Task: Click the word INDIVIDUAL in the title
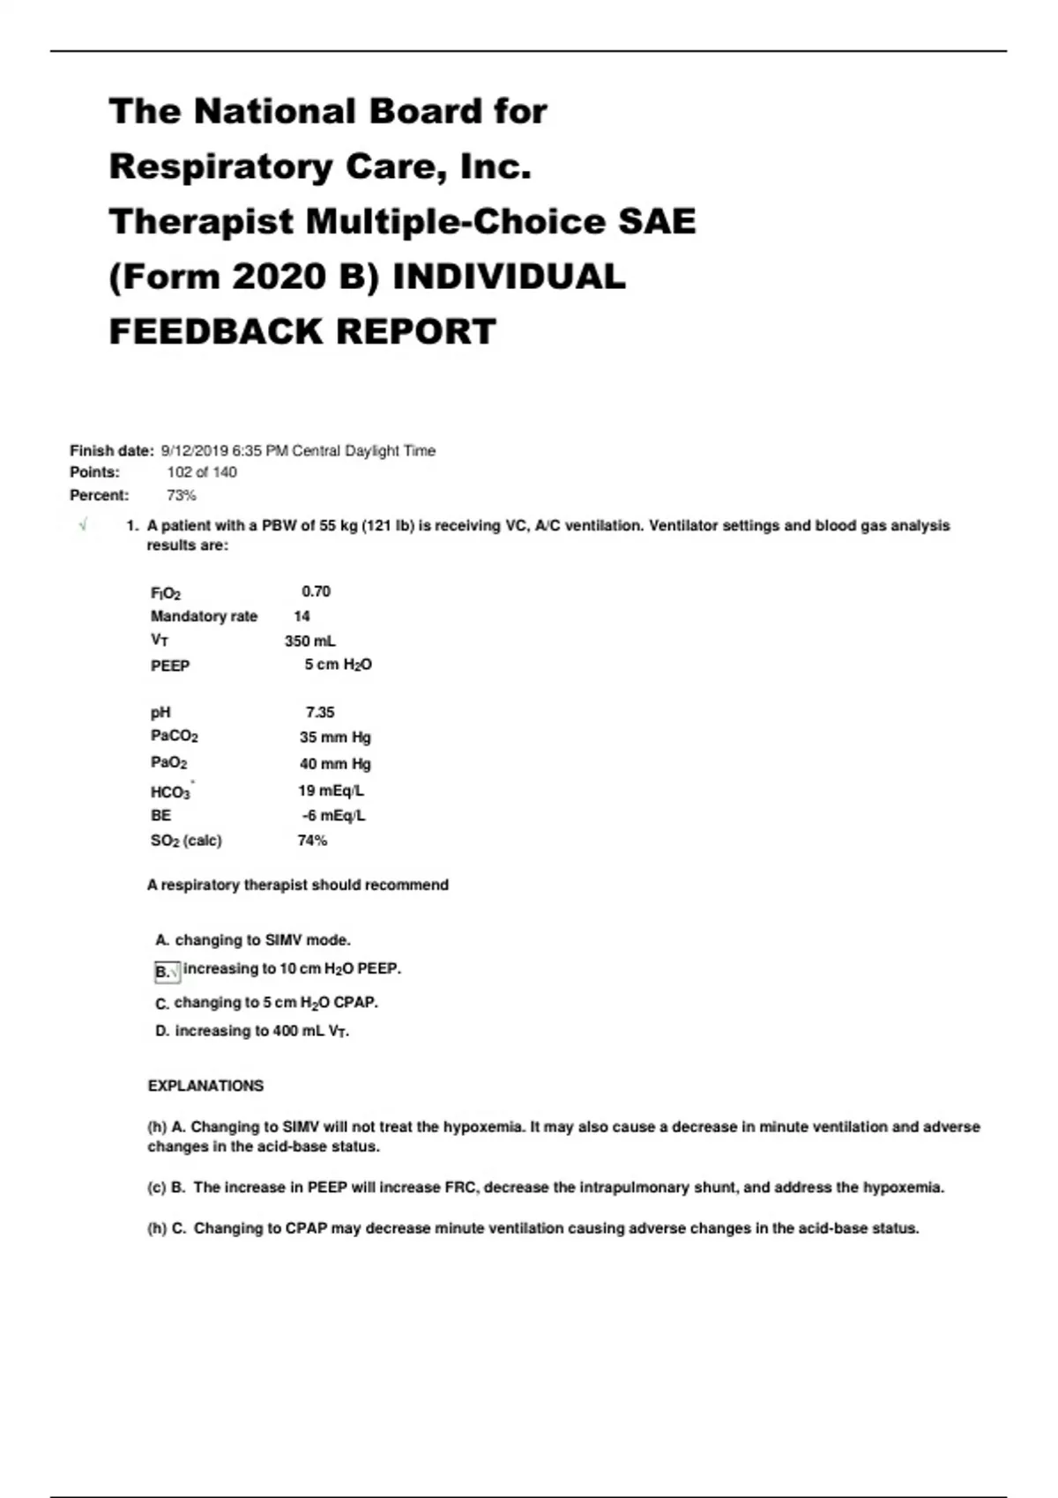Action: click(x=509, y=277)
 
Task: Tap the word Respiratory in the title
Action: click(x=220, y=167)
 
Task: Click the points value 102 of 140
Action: click(x=202, y=472)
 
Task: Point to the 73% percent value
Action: click(x=182, y=495)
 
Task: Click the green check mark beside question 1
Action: click(x=83, y=525)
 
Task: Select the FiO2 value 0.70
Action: click(x=316, y=591)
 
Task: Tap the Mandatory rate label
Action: click(x=204, y=616)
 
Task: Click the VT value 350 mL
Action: click(x=309, y=641)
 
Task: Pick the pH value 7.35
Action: click(x=320, y=712)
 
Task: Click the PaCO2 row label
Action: click(x=174, y=736)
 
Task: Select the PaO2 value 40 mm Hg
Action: click(x=335, y=763)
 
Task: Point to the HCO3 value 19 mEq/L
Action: click(x=331, y=790)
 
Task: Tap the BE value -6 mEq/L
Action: click(x=332, y=815)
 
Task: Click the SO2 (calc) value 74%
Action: click(x=312, y=841)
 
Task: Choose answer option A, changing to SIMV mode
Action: click(x=253, y=940)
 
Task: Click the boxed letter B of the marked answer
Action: click(x=163, y=972)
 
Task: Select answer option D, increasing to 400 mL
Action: click(x=252, y=1031)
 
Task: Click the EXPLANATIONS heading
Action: click(x=205, y=1086)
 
